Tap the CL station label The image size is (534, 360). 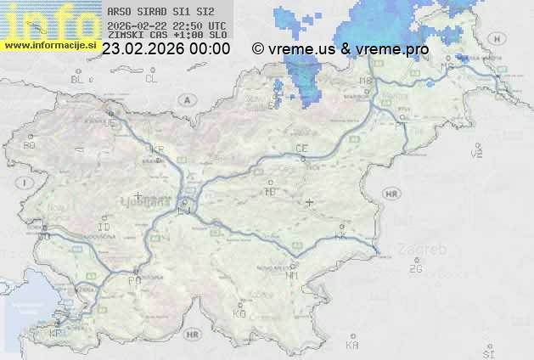tap(152, 79)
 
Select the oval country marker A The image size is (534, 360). tap(186, 99)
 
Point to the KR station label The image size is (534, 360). tap(156, 149)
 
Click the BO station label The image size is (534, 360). tap(30, 145)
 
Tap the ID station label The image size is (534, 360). tap(104, 228)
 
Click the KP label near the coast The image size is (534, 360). tap(56, 334)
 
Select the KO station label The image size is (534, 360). tap(239, 313)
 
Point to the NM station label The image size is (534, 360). tap(292, 275)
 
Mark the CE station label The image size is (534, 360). tap(301, 149)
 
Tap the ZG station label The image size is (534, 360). tap(415, 269)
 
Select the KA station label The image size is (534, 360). tap(352, 346)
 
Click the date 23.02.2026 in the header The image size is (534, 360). tap(166, 49)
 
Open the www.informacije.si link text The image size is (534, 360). tap(48, 45)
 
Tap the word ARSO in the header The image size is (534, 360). tap(119, 12)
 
